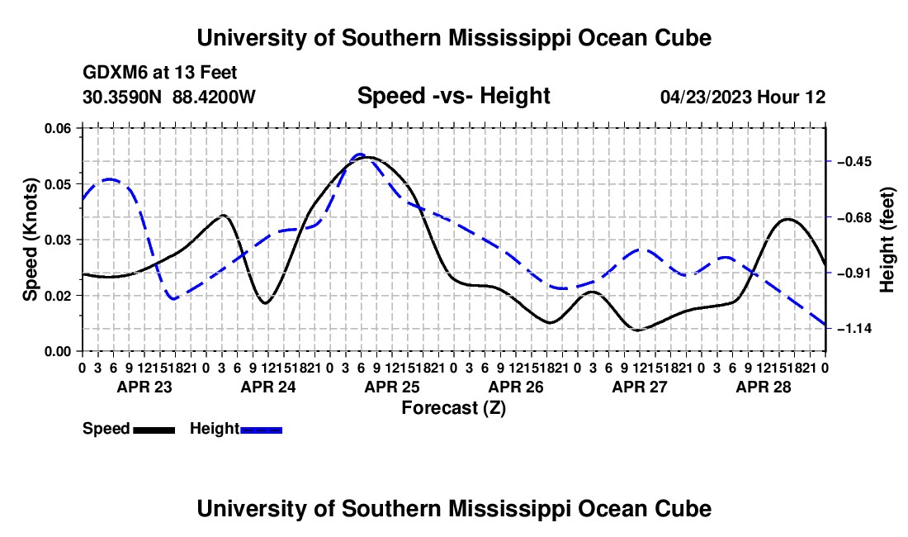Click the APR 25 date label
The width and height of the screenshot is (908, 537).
coord(392,387)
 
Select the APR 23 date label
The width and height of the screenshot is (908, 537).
coord(144,387)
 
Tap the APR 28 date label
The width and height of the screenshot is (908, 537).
coord(764,387)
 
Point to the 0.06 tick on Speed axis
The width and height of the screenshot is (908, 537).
coord(57,128)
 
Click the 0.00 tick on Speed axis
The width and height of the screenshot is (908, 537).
coord(57,352)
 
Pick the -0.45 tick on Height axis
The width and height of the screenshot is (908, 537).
coord(854,161)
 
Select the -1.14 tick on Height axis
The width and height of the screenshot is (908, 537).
coord(854,329)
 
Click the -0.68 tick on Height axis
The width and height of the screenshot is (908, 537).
coord(854,217)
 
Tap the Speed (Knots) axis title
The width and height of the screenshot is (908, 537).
coord(30,240)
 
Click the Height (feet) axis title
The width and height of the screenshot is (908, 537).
coord(887,240)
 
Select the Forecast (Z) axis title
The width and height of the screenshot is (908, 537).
coord(453,408)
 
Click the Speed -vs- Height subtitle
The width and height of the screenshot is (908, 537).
coord(453,96)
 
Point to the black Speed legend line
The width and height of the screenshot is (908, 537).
coord(154,430)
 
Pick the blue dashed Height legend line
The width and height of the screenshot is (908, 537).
coord(261,430)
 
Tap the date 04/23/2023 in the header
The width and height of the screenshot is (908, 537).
coord(706,97)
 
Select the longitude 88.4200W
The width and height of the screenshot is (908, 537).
coord(214,97)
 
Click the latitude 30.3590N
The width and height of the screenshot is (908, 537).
coord(122,97)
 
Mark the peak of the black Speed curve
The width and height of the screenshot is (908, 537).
coord(368,157)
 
